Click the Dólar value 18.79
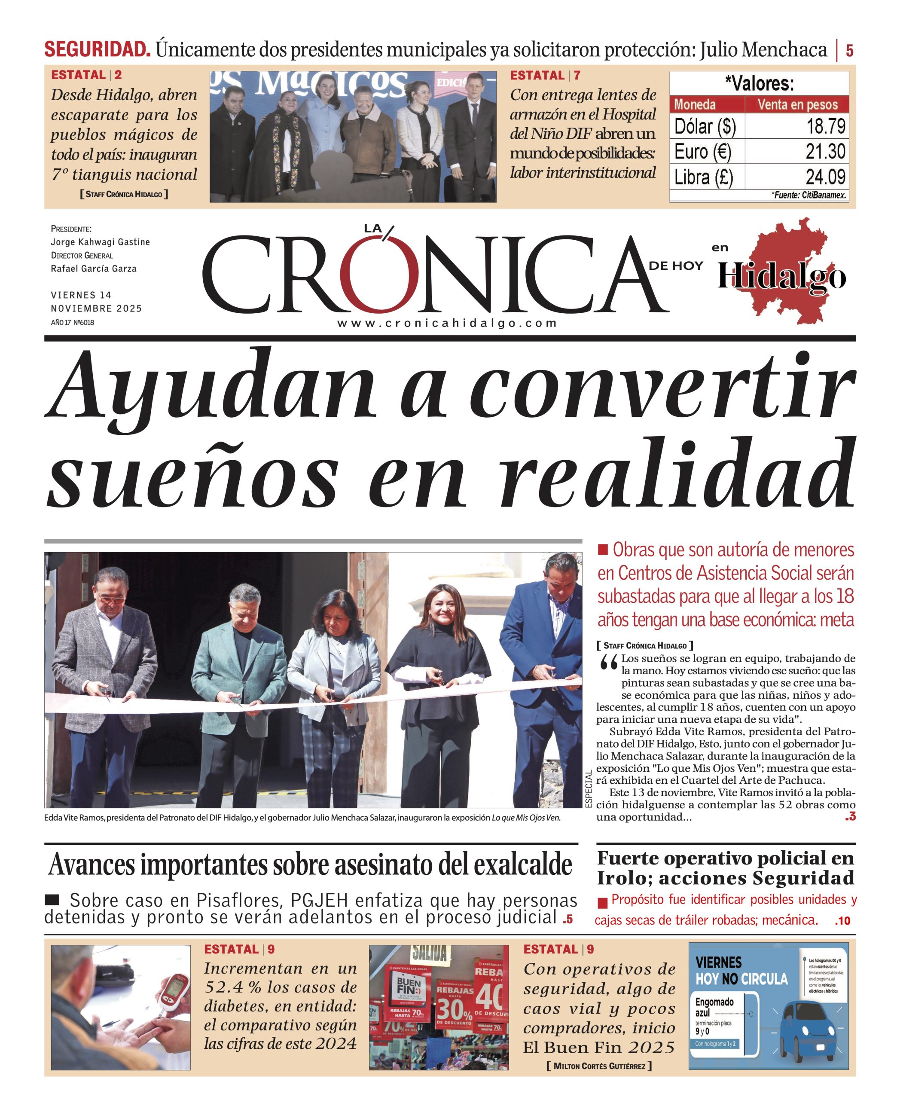point(826,126)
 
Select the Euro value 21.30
point(825,151)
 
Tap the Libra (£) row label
point(703,177)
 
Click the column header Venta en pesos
point(797,105)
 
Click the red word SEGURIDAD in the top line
point(97,49)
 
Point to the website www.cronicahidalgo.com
point(447,324)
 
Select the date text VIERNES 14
point(81,295)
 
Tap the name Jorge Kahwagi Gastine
point(100,242)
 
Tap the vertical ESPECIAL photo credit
point(589,789)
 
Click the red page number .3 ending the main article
point(850,817)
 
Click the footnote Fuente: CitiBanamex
point(810,195)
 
